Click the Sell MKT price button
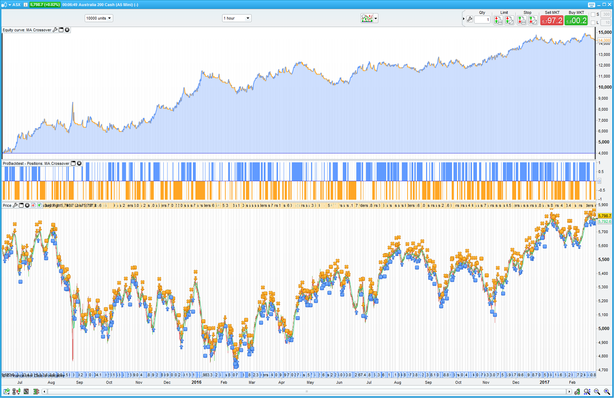point(552,21)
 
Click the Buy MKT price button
point(576,21)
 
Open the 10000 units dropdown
point(99,18)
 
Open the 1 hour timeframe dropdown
point(237,18)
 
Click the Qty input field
point(482,20)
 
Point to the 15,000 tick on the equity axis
point(605,32)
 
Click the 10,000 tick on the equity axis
point(605,87)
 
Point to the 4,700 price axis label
point(604,370)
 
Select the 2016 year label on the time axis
point(196,382)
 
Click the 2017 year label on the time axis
point(544,382)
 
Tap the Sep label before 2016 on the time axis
point(79,382)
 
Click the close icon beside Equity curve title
point(67,30)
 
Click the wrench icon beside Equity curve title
point(55,30)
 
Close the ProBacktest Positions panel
point(79,163)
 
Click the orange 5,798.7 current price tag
point(604,216)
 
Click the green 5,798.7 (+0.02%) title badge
point(45,5)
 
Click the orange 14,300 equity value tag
point(604,41)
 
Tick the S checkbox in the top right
point(593,15)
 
